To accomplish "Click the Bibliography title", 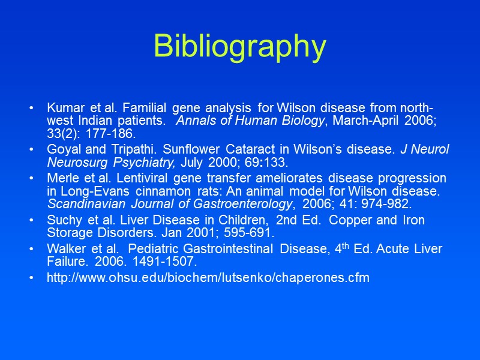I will pos(239,46).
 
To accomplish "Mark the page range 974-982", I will pos(389,203).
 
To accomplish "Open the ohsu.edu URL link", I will pos(208,278).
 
